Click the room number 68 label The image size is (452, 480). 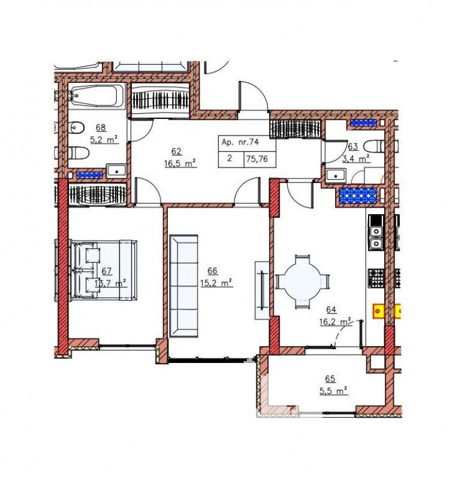tap(101, 127)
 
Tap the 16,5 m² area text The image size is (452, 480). tap(180, 163)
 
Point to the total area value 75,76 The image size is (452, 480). tap(257, 159)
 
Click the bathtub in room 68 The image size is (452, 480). tap(97, 96)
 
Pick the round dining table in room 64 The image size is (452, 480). tap(303, 281)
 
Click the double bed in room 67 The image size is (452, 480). tap(103, 270)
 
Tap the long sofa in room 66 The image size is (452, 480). tap(183, 286)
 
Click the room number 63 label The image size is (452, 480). tap(353, 146)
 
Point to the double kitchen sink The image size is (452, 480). tap(376, 238)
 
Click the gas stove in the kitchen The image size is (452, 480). tap(376, 278)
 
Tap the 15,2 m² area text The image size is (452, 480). tap(216, 283)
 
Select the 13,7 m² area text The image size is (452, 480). tap(110, 283)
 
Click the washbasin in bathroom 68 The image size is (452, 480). tap(116, 170)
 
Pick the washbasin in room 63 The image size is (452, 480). tap(336, 175)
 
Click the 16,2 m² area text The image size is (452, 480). tap(336, 322)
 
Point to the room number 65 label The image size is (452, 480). tap(330, 379)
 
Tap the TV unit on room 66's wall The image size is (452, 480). tap(262, 290)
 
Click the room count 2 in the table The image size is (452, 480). tap(230, 158)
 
